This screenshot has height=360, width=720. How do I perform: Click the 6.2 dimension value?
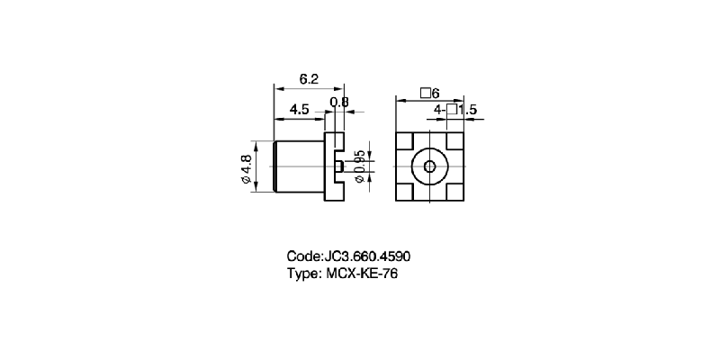[x=309, y=79]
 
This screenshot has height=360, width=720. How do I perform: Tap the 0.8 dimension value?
[x=339, y=103]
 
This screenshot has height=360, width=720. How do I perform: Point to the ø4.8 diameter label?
[x=246, y=169]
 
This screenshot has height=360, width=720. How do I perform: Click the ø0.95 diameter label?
[x=359, y=167]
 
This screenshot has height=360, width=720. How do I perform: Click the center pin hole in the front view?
[x=429, y=167]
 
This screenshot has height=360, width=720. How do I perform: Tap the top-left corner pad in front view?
[x=404, y=141]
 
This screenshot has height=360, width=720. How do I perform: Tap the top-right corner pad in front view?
[x=454, y=141]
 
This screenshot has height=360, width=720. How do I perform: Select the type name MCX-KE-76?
[x=358, y=274]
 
